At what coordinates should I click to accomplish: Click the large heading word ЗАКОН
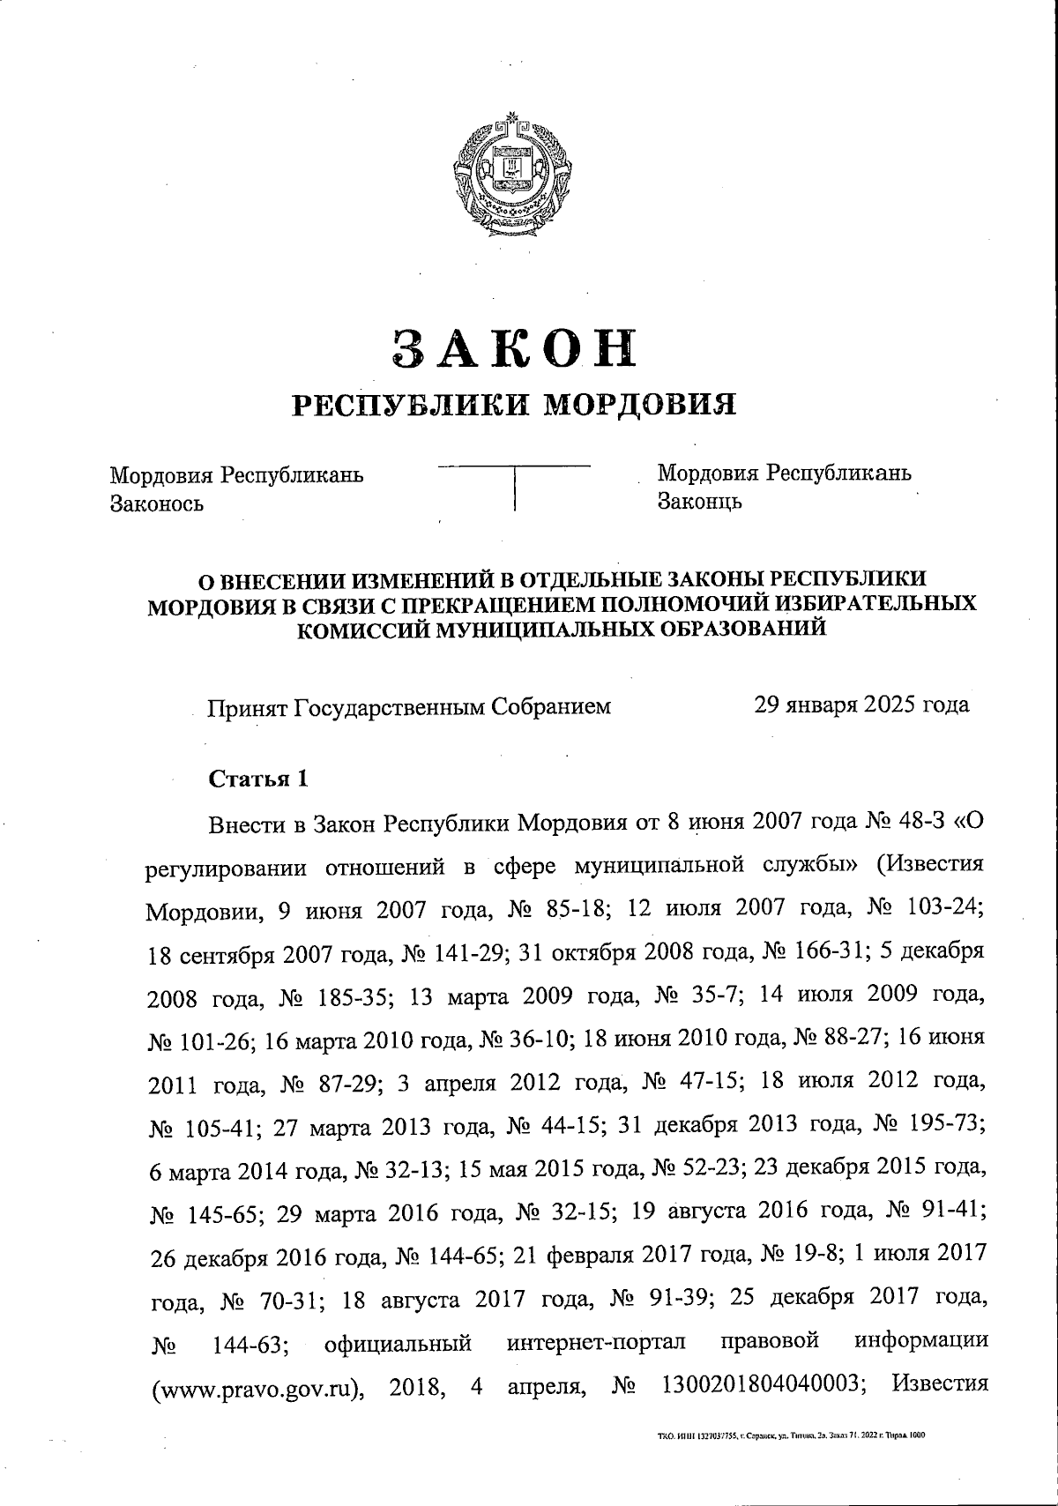coord(514,347)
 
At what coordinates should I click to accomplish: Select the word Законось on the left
coord(156,503)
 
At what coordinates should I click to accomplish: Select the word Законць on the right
coord(699,502)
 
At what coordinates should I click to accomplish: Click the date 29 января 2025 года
coord(861,705)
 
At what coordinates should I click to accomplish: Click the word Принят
coord(248,706)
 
